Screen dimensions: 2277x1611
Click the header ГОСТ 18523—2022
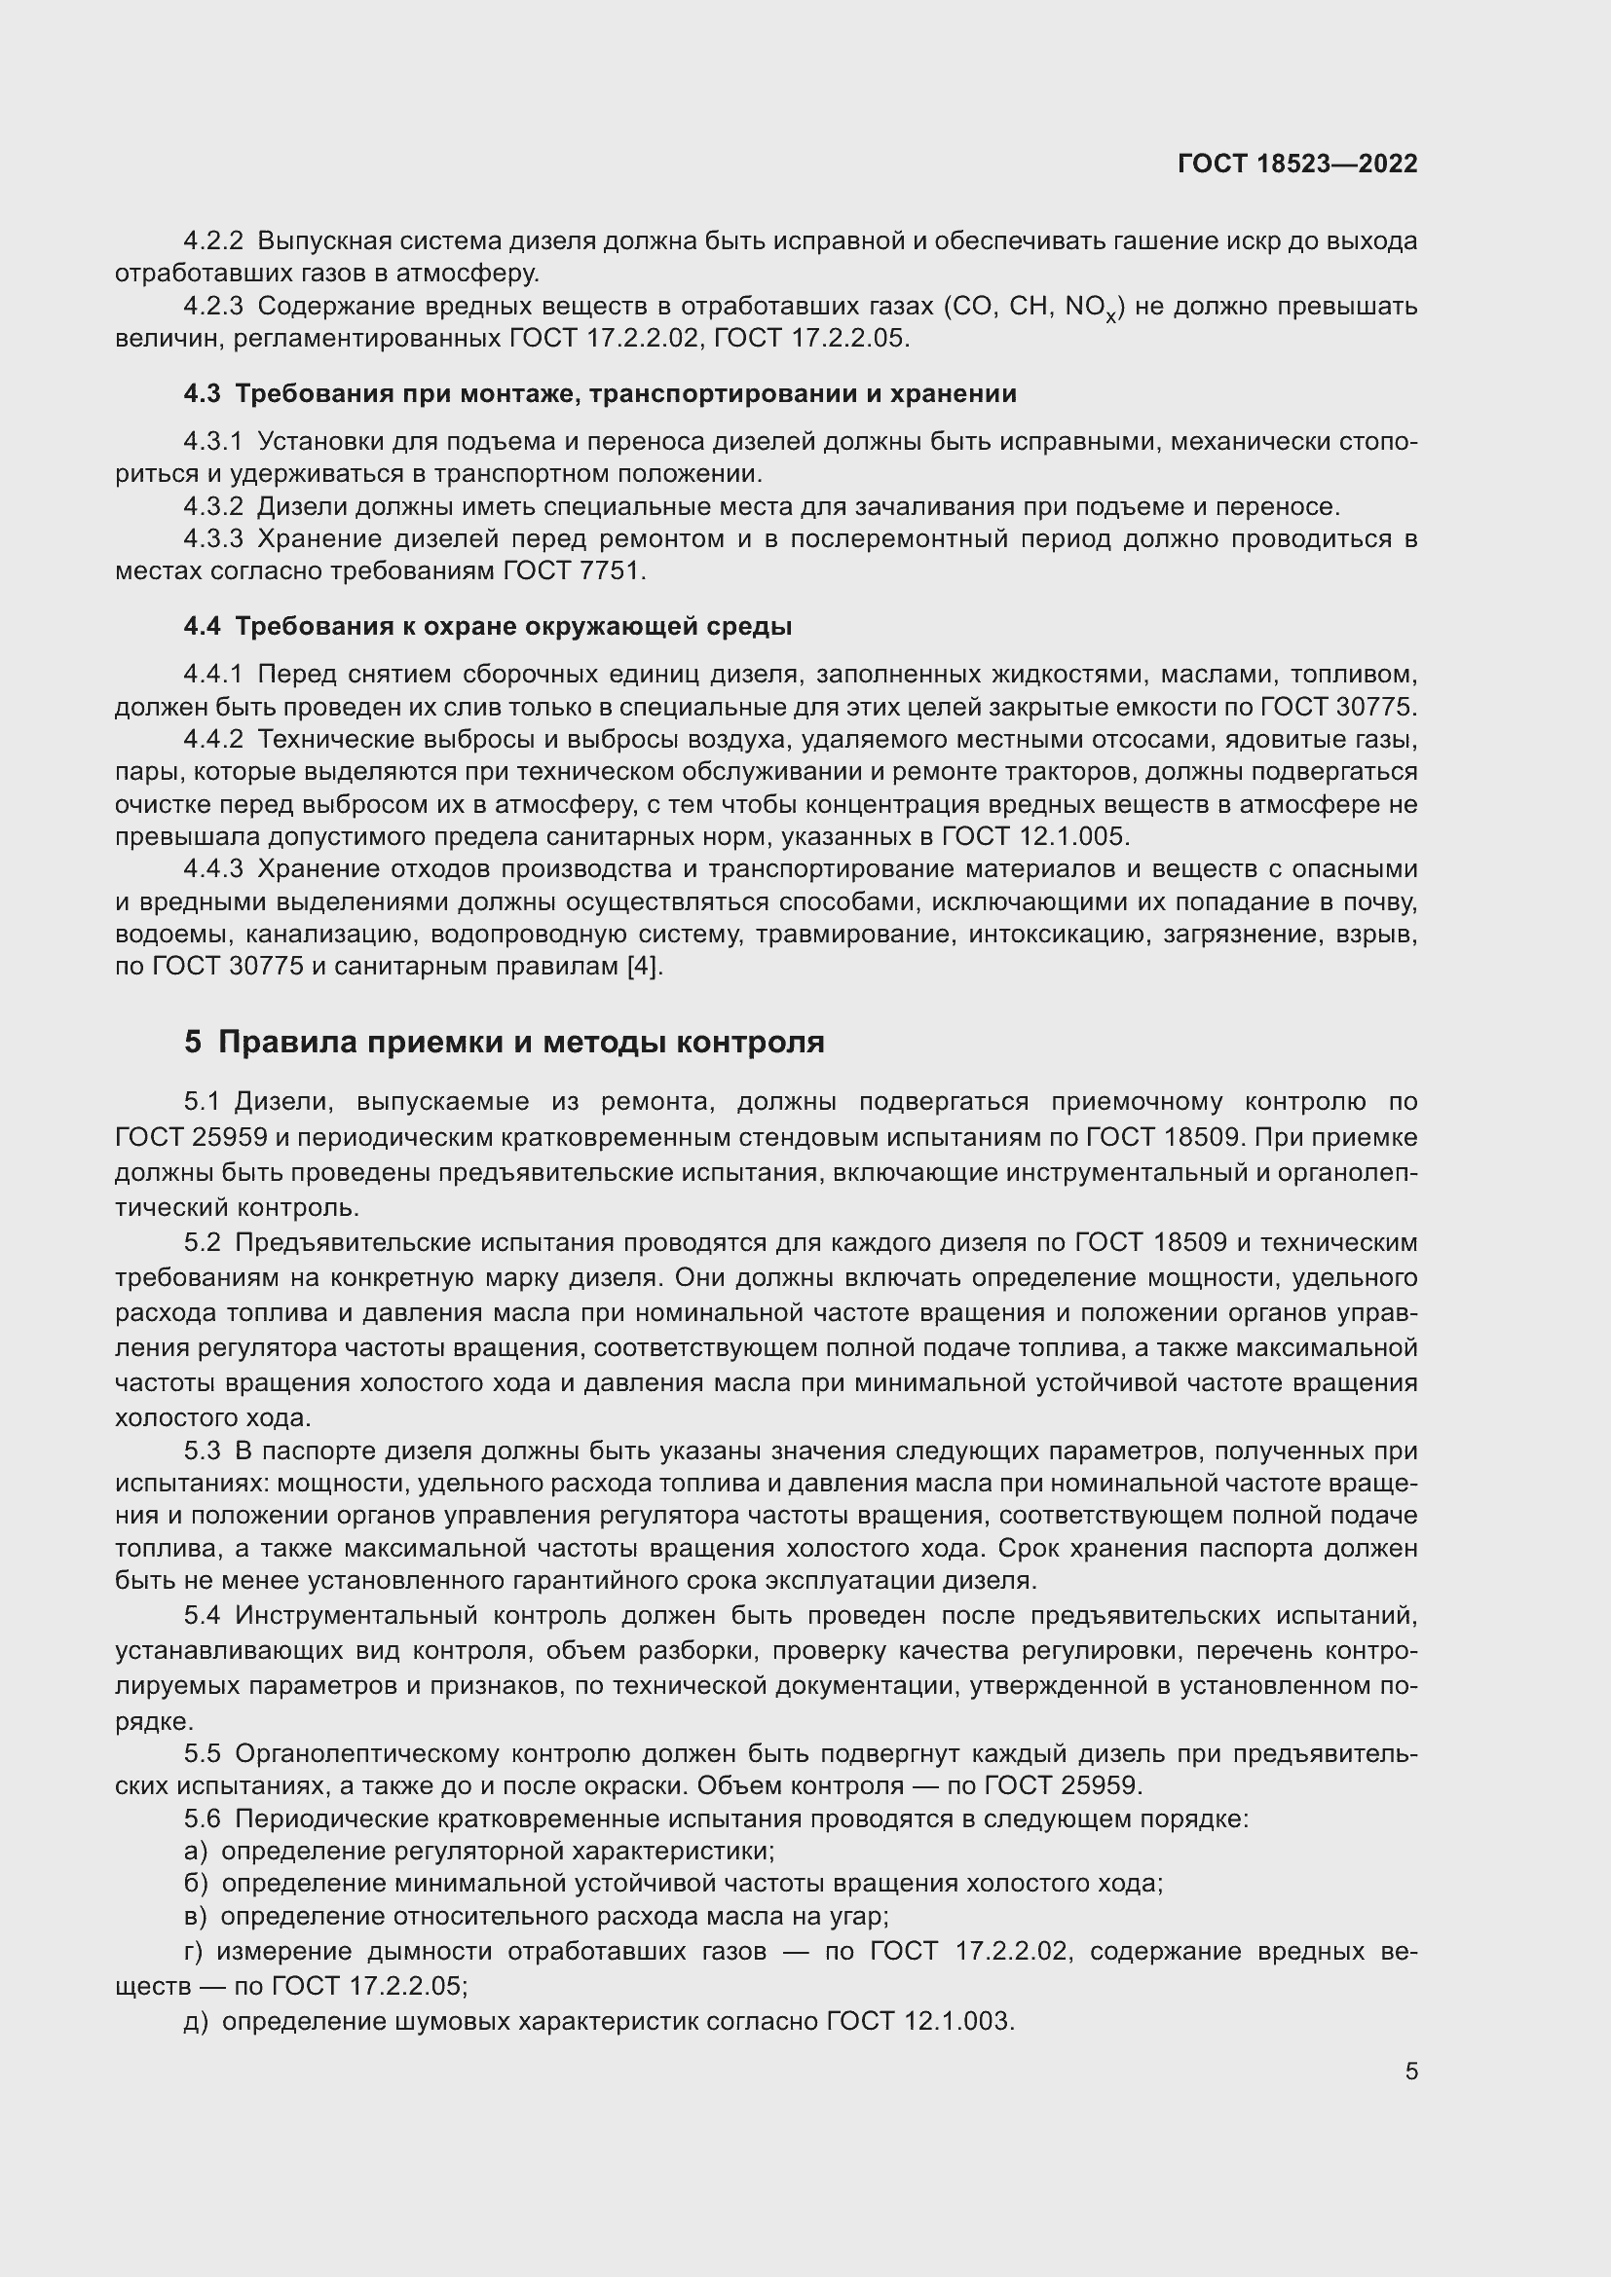[x=1297, y=164]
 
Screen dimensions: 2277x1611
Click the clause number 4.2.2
[x=213, y=241]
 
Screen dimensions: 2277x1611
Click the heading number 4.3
[x=202, y=393]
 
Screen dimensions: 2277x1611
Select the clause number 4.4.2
[x=213, y=740]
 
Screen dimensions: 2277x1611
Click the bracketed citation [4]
[x=644, y=966]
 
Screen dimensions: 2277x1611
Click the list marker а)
[x=196, y=1851]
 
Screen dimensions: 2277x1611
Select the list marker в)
[x=196, y=1916]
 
